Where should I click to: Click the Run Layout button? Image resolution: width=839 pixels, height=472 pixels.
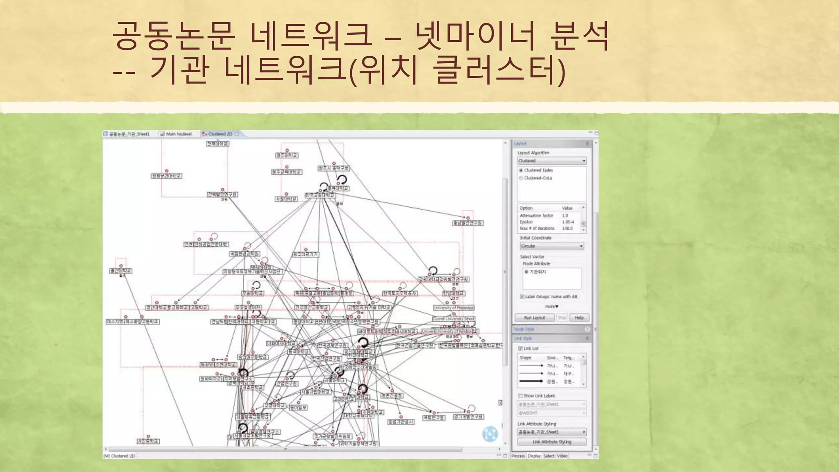[x=535, y=318]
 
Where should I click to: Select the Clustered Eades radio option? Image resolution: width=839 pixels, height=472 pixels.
[x=521, y=170]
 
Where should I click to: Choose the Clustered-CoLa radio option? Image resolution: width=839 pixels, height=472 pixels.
[x=521, y=178]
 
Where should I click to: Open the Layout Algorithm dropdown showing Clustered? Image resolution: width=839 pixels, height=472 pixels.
[x=551, y=161]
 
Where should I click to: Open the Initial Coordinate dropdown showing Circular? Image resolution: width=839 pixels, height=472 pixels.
[x=551, y=246]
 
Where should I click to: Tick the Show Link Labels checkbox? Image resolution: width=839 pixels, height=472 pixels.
[x=520, y=396]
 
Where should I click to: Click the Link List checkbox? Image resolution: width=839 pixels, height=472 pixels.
[x=520, y=348]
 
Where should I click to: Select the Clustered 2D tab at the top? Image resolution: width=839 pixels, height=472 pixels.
[x=219, y=134]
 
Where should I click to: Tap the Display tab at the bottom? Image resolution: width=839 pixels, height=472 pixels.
[x=534, y=456]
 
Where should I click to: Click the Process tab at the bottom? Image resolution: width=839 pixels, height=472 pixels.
[x=518, y=456]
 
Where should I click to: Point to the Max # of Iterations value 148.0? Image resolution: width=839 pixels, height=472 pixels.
[x=567, y=229]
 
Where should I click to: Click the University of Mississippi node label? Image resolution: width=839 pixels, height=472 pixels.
[x=454, y=308]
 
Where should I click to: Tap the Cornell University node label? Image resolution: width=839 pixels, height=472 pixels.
[x=454, y=319]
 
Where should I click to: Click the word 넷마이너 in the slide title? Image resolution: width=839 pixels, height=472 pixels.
[x=475, y=36]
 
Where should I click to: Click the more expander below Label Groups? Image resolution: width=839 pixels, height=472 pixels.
[x=551, y=306]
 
